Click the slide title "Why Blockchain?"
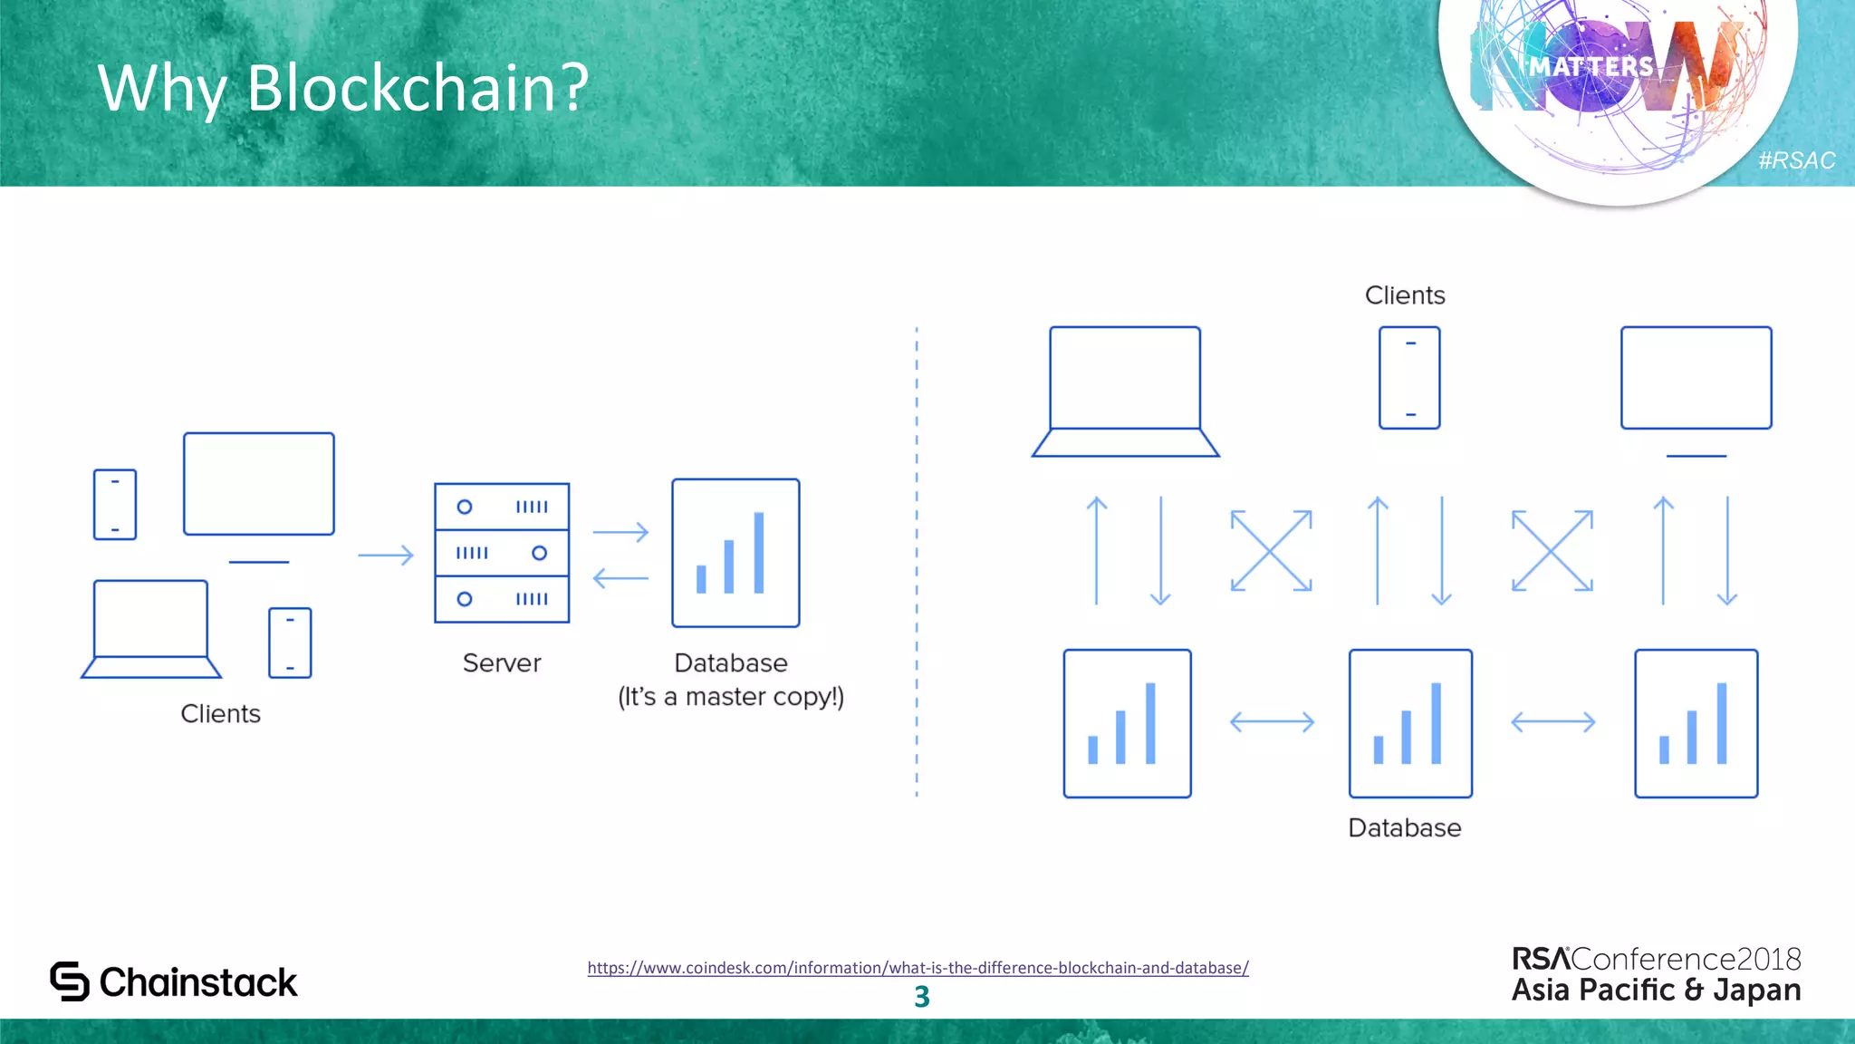[342, 88]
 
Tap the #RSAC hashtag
[1796, 160]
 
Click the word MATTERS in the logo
[1591, 66]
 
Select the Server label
[501, 662]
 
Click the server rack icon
[502, 553]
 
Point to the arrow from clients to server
[386, 555]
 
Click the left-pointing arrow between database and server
[620, 577]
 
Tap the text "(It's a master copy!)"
[730, 696]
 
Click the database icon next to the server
[735, 553]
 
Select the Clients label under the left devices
[220, 713]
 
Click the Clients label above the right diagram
[1404, 295]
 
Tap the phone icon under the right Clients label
[1409, 378]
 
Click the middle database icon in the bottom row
[1410, 723]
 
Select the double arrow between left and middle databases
[1272, 722]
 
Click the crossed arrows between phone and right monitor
[1552, 551]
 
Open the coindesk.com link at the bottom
[918, 968]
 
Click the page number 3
[921, 997]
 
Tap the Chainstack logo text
[197, 982]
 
